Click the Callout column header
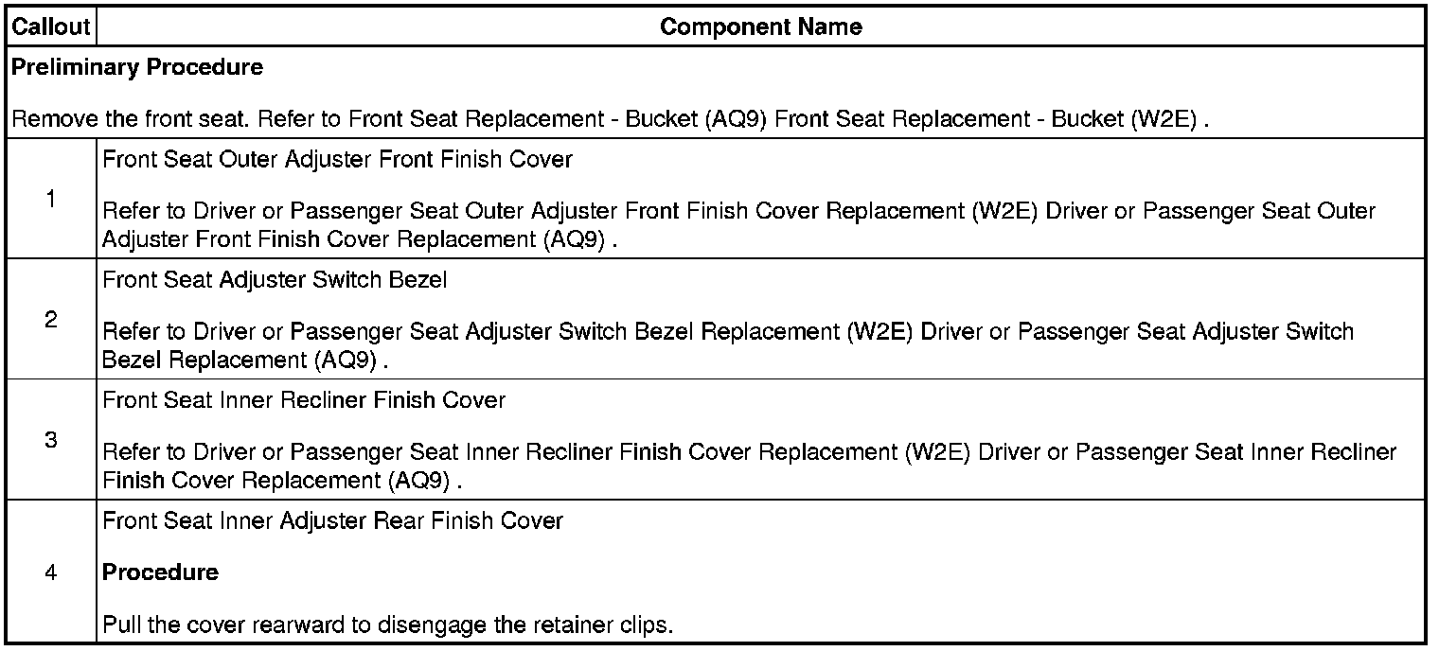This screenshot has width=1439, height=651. point(50,26)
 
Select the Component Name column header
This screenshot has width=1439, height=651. point(760,26)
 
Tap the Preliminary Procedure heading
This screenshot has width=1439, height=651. point(137,67)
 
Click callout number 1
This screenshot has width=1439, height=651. point(50,199)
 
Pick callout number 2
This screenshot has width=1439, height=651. point(50,320)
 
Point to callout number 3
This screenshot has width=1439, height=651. point(50,440)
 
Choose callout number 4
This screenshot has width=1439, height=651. point(50,572)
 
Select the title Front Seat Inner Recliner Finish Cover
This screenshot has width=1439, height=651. point(304,400)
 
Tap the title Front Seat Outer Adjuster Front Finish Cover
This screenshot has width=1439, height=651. point(337,159)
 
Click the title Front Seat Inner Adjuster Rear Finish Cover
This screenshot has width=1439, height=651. point(332,520)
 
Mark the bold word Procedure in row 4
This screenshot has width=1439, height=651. point(160,572)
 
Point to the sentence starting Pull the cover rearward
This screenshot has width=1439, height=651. point(387,625)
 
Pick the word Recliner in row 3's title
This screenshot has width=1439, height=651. point(324,400)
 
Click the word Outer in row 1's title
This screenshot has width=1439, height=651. point(248,159)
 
